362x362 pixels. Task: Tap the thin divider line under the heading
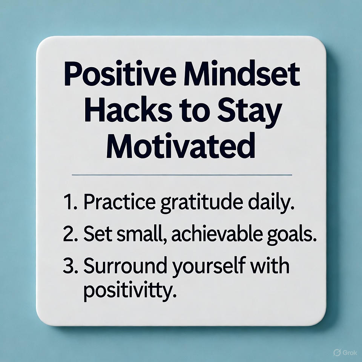point(182,175)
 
